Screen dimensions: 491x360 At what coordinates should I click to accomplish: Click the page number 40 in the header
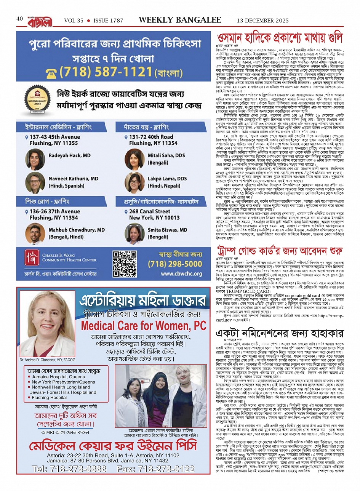pyautogui.click(x=20, y=19)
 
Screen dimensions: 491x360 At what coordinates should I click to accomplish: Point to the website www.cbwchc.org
pyautogui.click(x=181, y=274)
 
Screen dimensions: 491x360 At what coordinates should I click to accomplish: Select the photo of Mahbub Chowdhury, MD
pyautogui.click(x=35, y=234)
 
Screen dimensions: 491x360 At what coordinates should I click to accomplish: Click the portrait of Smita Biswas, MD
pyautogui.click(x=134, y=234)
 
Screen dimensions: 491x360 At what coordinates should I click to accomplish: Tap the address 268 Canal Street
pyautogui.click(x=150, y=211)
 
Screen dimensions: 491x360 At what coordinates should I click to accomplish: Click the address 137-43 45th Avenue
pyautogui.click(x=55, y=137)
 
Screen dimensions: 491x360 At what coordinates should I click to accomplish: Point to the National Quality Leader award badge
pyautogui.click(x=37, y=102)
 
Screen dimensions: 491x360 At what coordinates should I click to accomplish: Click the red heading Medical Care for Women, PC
pyautogui.click(x=144, y=326)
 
